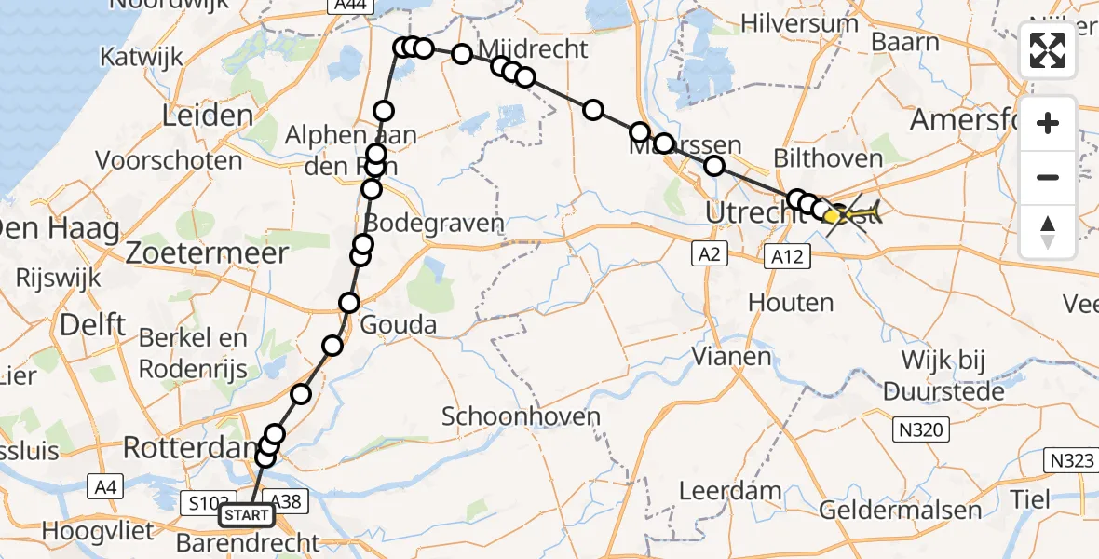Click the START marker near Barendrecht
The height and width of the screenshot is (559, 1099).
(247, 515)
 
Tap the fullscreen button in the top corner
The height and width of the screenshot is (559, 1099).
(1048, 50)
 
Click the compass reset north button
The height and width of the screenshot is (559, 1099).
(1048, 232)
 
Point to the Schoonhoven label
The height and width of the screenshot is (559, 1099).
(522, 416)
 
